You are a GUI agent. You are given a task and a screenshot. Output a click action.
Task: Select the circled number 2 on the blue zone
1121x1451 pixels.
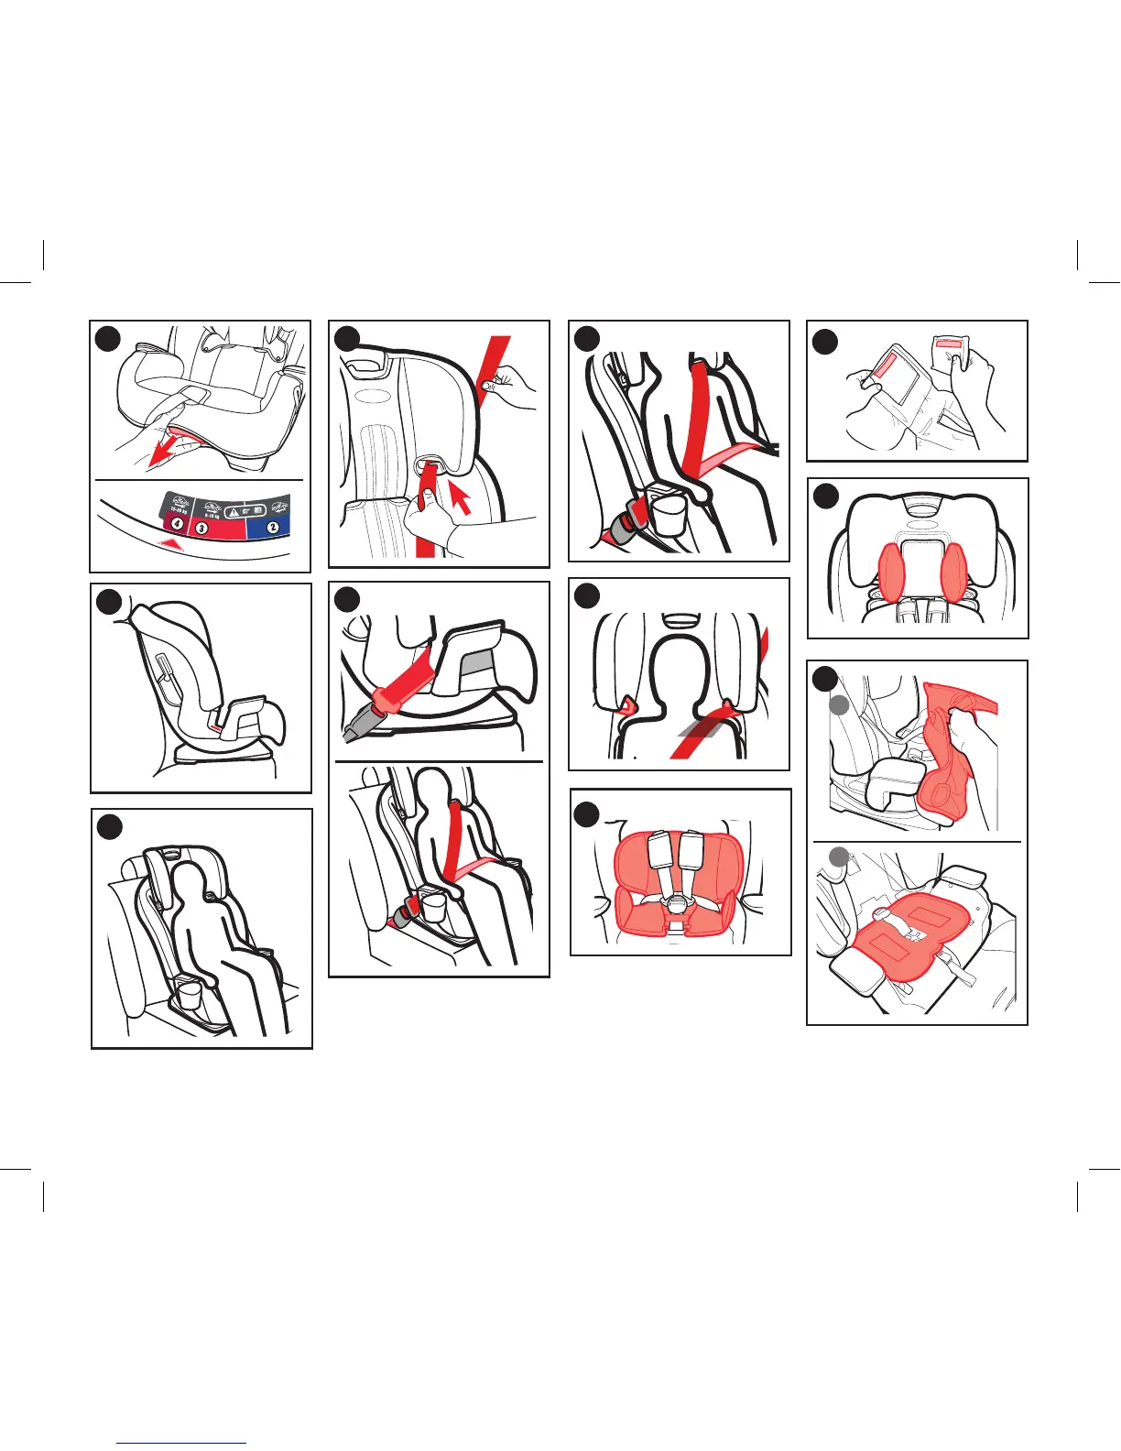click(273, 526)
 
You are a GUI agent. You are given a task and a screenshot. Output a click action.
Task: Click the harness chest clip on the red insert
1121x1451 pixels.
click(678, 903)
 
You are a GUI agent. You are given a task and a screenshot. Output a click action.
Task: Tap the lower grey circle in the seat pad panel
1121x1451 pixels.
click(838, 857)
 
